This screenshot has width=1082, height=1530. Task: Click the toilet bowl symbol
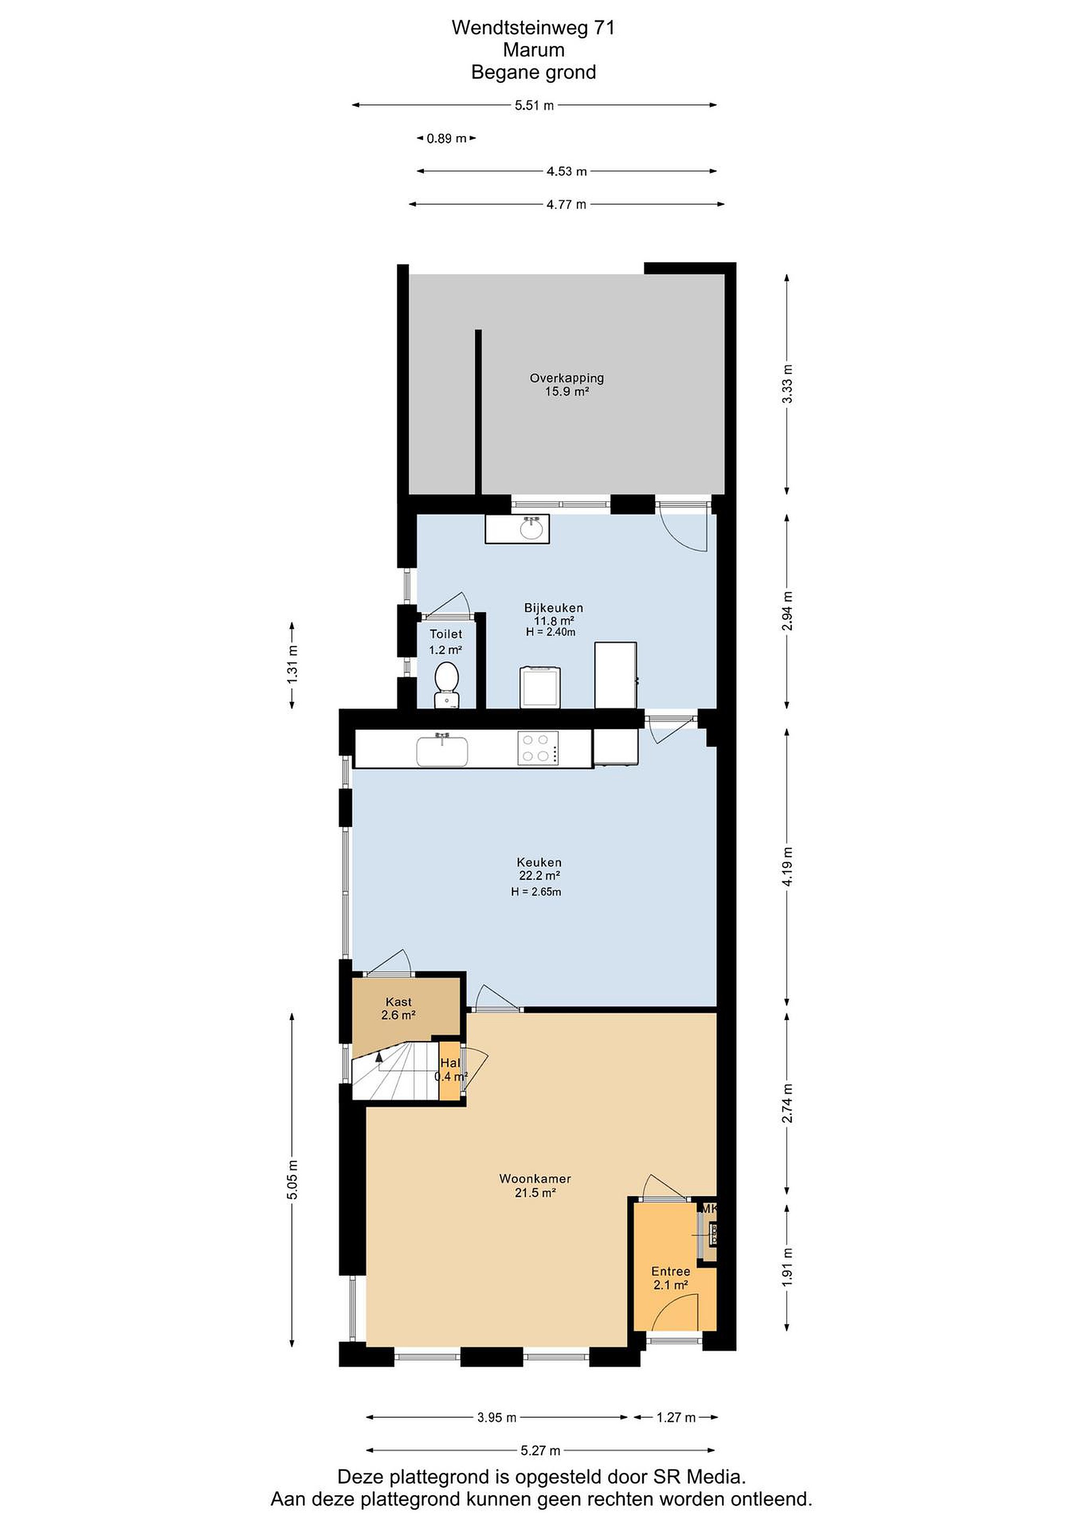pyautogui.click(x=446, y=684)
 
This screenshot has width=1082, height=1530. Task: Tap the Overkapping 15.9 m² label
pyautogui.click(x=567, y=385)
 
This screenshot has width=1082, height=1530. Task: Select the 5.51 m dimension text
pyautogui.click(x=534, y=105)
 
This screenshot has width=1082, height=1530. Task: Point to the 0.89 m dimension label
pyautogui.click(x=446, y=139)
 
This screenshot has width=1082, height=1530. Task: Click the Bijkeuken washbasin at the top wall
pyautogui.click(x=517, y=529)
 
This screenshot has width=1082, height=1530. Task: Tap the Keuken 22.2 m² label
pyautogui.click(x=539, y=869)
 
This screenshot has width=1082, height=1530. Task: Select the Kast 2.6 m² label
pyautogui.click(x=398, y=1008)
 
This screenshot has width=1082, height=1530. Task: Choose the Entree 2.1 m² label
pyautogui.click(x=670, y=1278)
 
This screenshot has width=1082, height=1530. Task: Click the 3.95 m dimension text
pyautogui.click(x=497, y=1417)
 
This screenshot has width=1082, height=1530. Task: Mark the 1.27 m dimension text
pyautogui.click(x=676, y=1417)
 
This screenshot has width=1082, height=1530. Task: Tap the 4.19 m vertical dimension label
pyautogui.click(x=788, y=866)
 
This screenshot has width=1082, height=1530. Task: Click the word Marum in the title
pyautogui.click(x=534, y=50)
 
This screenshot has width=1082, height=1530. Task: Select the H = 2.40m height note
pyautogui.click(x=551, y=632)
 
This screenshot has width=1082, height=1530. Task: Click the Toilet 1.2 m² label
pyautogui.click(x=446, y=642)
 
